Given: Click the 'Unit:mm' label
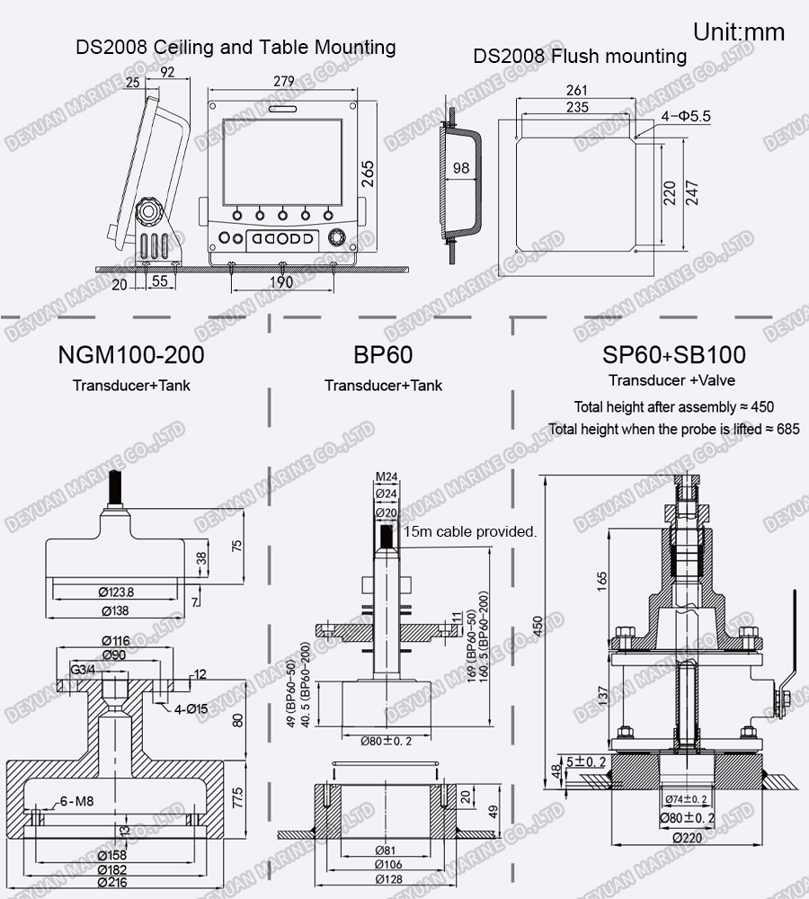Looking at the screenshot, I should (x=738, y=33).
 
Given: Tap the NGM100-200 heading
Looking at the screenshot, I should (x=130, y=355).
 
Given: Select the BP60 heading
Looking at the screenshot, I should (x=383, y=355).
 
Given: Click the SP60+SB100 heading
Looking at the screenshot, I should (x=674, y=355).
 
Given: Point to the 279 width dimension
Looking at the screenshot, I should (x=283, y=81).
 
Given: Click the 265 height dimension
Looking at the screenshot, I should (x=369, y=172).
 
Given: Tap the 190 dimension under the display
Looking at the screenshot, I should (x=281, y=282).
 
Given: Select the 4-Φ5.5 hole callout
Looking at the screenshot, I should (x=688, y=116).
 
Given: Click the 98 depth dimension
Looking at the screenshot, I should (x=461, y=168).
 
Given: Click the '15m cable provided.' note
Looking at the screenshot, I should (x=470, y=531).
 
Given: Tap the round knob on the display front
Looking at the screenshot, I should (x=337, y=239).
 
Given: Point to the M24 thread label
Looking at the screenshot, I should (x=386, y=476).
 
